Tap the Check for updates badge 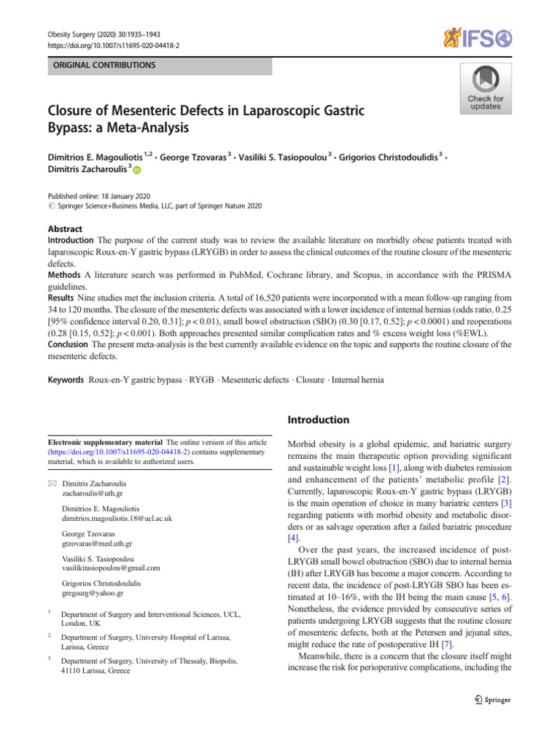tap(485, 88)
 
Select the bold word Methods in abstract tap(64, 274)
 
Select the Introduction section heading tap(319, 420)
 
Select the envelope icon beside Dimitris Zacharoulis tap(51, 483)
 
